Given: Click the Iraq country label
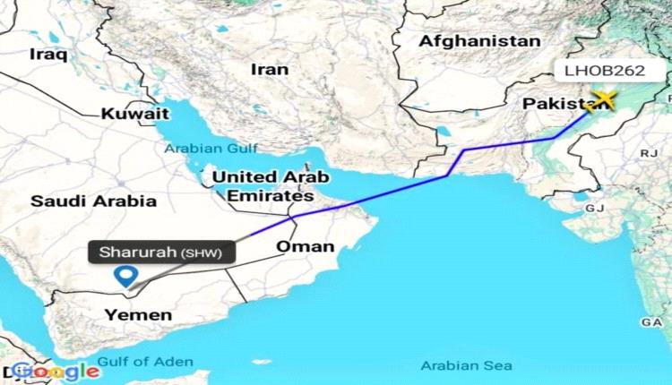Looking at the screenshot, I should tap(48, 54).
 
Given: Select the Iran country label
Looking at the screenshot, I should tap(270, 68).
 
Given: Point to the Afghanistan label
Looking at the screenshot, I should tap(480, 41).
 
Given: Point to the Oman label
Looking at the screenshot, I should tap(306, 247).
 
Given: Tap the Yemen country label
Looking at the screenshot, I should tap(138, 314).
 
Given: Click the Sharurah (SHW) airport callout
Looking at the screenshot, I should tap(161, 252).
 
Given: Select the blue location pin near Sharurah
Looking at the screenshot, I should tap(127, 277).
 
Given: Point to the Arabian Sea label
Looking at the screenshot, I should tap(467, 365).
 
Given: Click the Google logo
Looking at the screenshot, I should tap(56, 371).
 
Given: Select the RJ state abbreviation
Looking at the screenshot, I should tap(647, 155).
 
